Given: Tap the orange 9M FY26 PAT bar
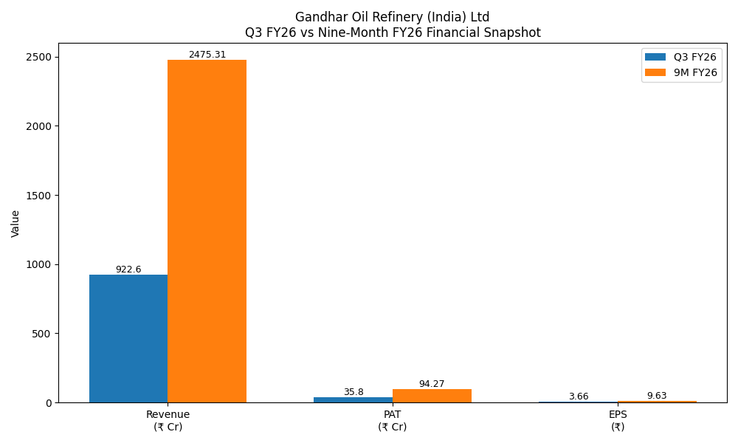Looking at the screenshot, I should (x=432, y=396).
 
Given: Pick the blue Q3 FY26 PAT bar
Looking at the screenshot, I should (x=354, y=400).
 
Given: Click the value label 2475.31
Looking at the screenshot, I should (x=207, y=55).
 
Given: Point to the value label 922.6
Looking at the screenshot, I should (x=128, y=269).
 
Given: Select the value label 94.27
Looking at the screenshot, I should (x=432, y=384).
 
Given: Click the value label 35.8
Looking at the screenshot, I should (x=354, y=392).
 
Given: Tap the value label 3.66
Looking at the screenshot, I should (x=579, y=396).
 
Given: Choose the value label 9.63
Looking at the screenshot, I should (x=657, y=396).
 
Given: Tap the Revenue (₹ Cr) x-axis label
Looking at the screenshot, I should (x=168, y=420).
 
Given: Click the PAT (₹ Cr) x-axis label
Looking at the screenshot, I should (x=393, y=420).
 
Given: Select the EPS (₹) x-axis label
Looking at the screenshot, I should (x=618, y=420).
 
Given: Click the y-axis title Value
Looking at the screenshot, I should (x=15, y=223).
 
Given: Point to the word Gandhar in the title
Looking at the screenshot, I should (x=318, y=17).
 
